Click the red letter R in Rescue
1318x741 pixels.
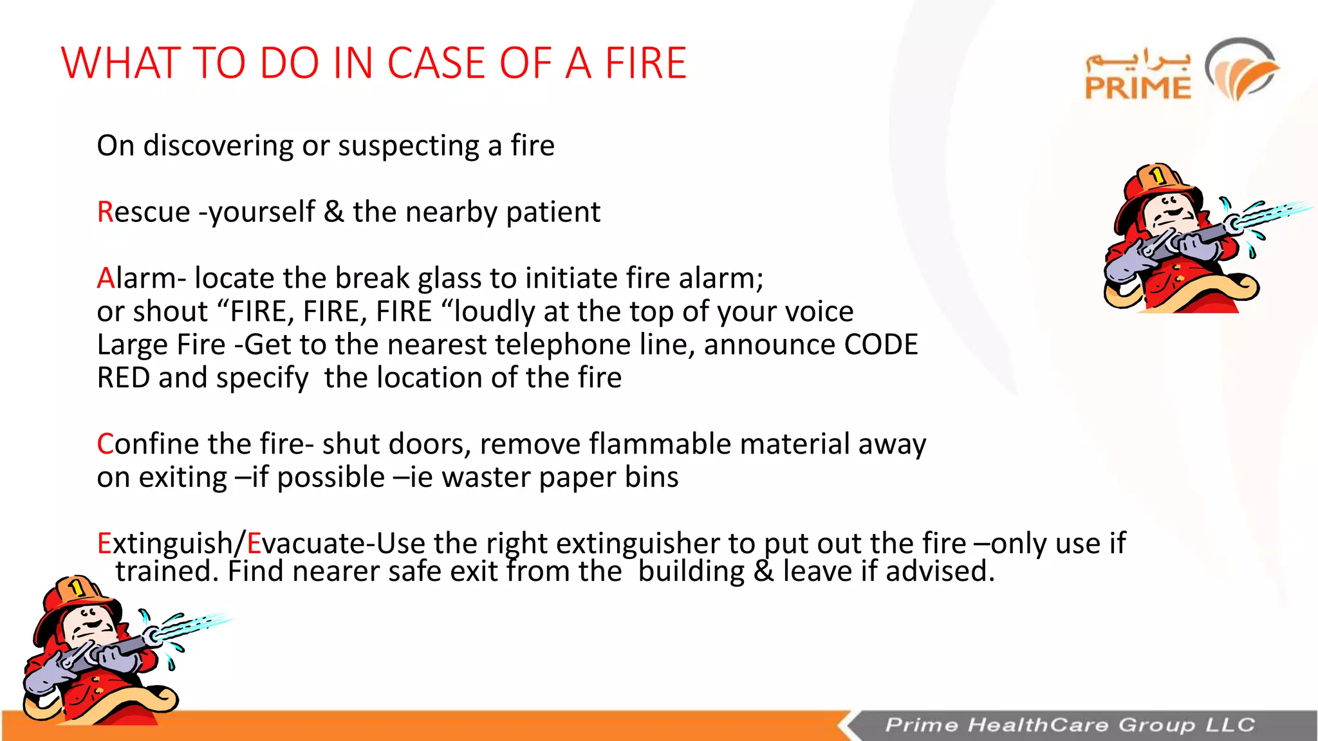tap(105, 212)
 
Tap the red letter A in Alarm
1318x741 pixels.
tap(106, 279)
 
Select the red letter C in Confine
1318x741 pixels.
tap(105, 444)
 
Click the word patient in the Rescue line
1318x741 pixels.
tap(553, 212)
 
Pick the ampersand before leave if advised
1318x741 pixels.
tap(763, 571)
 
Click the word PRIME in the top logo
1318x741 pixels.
tap(1138, 88)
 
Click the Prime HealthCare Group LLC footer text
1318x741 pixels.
tap(1070, 725)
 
